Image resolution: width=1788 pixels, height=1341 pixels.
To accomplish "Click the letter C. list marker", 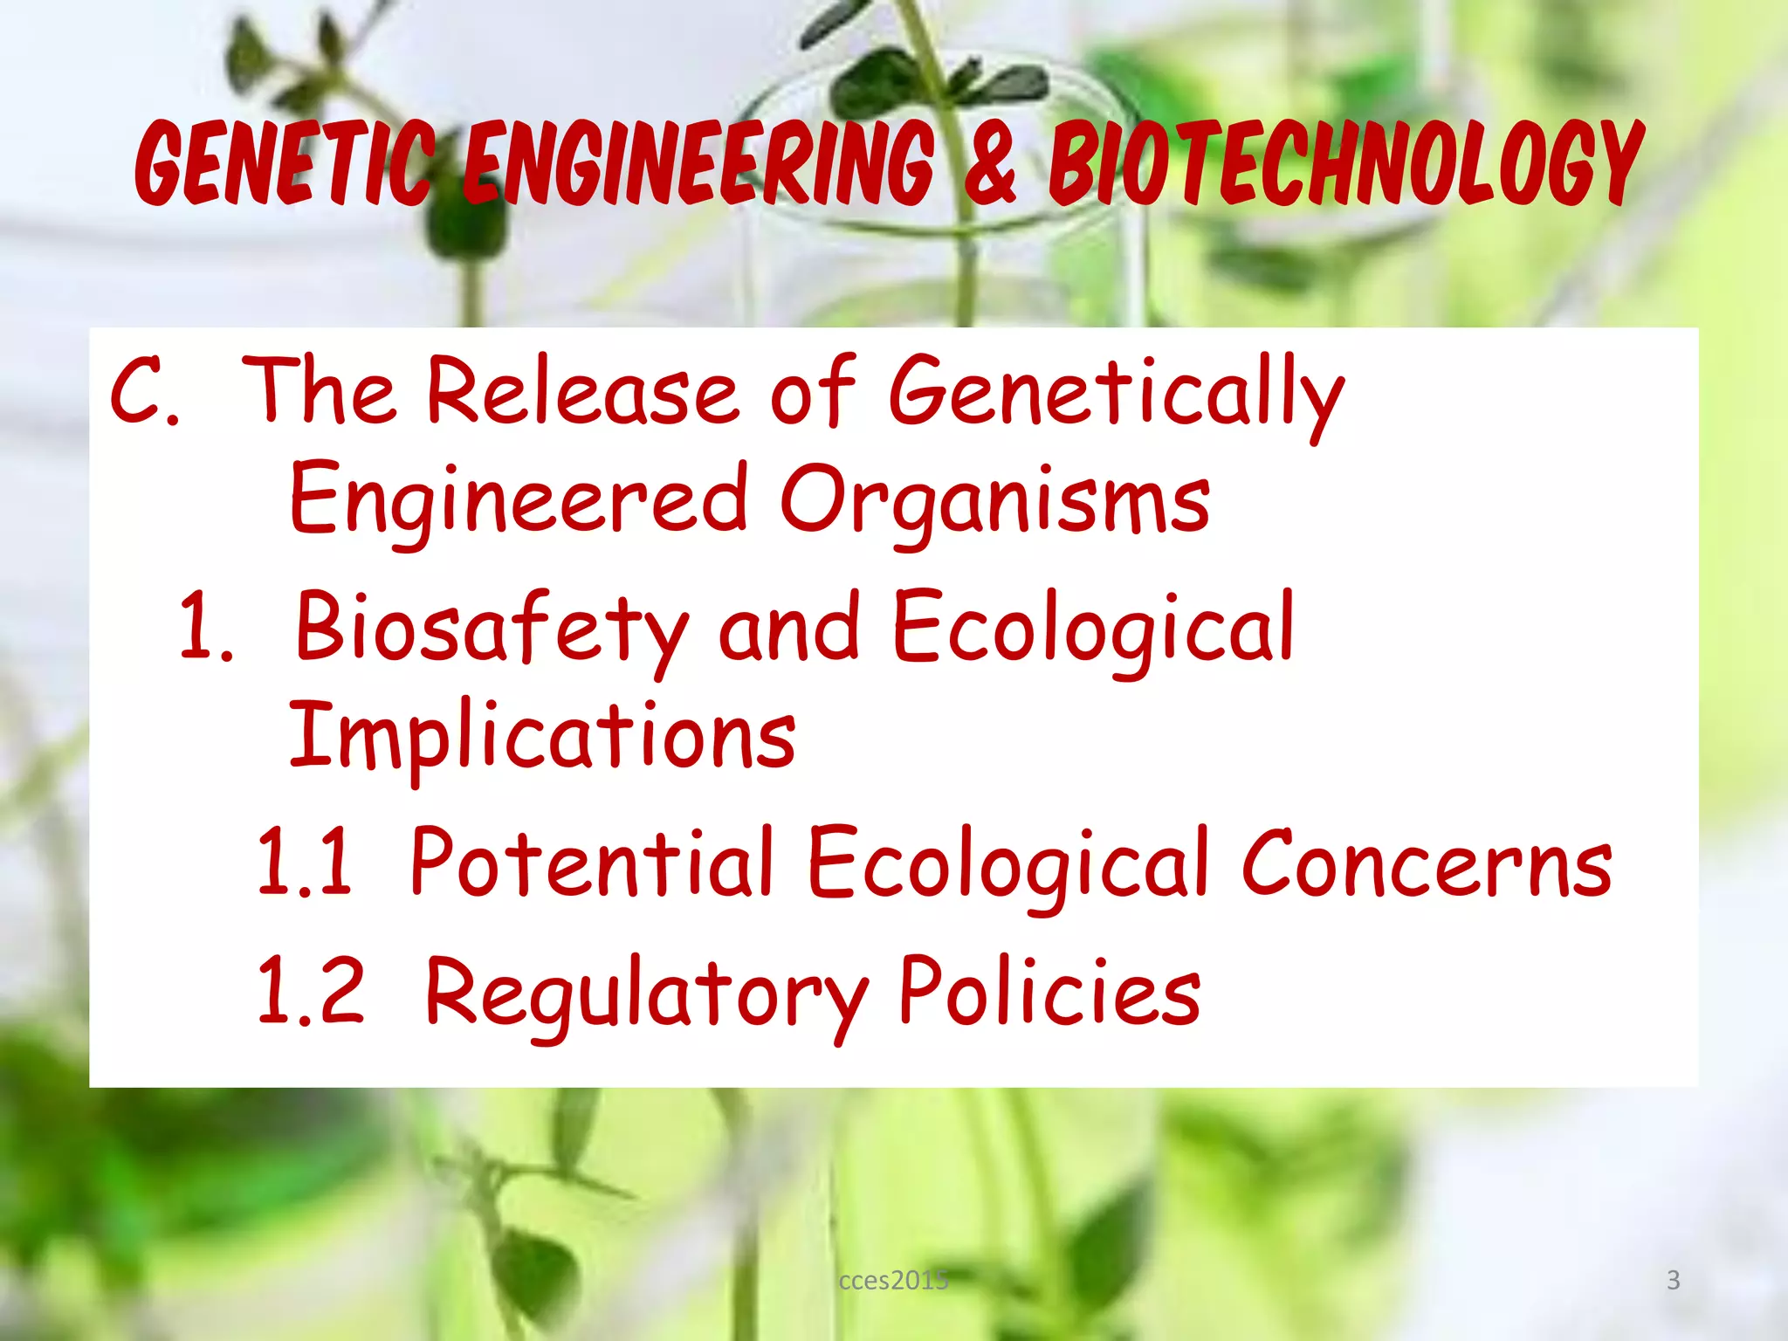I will [144, 390].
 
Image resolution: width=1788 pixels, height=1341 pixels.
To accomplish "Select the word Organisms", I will [994, 499].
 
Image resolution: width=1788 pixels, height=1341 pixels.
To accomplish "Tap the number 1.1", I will [305, 863].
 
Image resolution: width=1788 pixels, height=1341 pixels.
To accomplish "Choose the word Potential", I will [592, 863].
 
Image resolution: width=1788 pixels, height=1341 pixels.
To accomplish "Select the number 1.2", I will [310, 992].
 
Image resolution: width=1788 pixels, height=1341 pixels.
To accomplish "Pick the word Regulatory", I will [646, 995].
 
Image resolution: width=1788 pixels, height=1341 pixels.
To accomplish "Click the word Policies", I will [1049, 992].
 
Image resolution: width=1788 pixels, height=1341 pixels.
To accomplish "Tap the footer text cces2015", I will [893, 1280].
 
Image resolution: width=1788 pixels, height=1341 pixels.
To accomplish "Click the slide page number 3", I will [1673, 1280].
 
